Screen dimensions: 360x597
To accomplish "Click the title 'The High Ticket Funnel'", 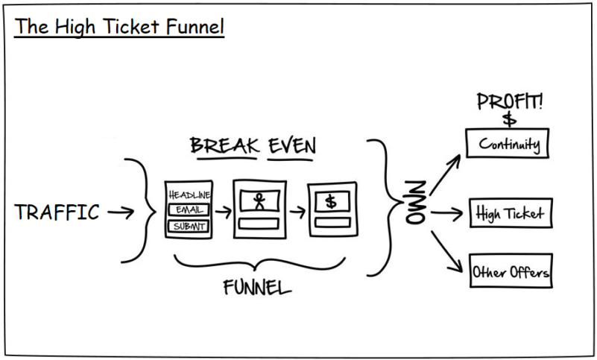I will pyautogui.click(x=120, y=28).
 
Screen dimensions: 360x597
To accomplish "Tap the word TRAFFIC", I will pyautogui.click(x=57, y=212).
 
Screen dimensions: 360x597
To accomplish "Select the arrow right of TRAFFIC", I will pyautogui.click(x=121, y=212).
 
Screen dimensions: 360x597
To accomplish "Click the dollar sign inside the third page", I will pyautogui.click(x=332, y=201).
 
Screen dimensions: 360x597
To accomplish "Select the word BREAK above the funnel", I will pyautogui.click(x=224, y=145).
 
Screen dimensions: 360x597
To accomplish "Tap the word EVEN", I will pyautogui.click(x=292, y=145).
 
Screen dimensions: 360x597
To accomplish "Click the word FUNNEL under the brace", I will pyautogui.click(x=258, y=288).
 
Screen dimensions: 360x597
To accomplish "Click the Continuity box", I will pyautogui.click(x=507, y=143).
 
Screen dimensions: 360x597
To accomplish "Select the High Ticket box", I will pyautogui.click(x=510, y=215).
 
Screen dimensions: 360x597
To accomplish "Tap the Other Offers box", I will pyautogui.click(x=511, y=272).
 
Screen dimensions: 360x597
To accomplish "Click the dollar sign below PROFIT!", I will pyautogui.click(x=509, y=119).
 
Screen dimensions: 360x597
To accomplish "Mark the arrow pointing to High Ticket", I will pyautogui.click(x=448, y=215).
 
